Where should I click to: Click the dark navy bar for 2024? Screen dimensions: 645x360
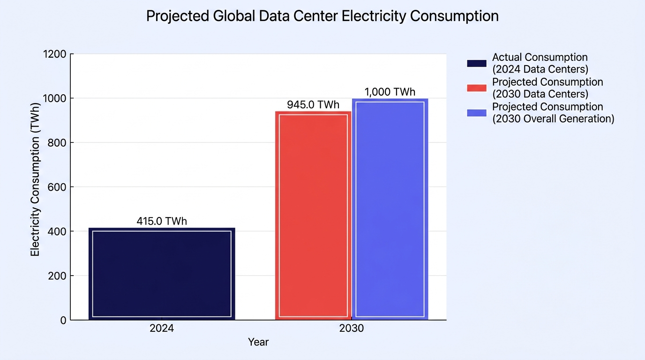point(162,274)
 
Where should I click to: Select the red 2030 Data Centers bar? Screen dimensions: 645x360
point(313,216)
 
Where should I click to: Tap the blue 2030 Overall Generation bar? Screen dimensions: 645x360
point(390,209)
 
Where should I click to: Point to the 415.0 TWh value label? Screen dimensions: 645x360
point(162,221)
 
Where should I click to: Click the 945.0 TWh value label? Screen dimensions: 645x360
point(313,105)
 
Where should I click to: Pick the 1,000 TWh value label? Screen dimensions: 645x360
point(390,92)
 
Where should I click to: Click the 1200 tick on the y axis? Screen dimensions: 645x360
point(55,54)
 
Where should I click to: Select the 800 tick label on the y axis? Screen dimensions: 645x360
point(57,142)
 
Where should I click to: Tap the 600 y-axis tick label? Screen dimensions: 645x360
point(57,187)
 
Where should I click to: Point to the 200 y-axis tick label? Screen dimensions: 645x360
point(57,276)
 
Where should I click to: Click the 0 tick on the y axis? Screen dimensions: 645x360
point(63,320)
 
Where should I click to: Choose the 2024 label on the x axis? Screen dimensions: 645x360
point(162,328)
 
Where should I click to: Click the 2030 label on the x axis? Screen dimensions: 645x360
point(352,328)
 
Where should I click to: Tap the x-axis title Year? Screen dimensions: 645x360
point(258,342)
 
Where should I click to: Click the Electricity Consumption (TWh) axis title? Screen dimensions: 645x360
point(35,180)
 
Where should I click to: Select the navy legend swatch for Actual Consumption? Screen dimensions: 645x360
point(477,63)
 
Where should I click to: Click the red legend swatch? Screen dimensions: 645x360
point(477,88)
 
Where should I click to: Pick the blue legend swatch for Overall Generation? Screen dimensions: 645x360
point(477,113)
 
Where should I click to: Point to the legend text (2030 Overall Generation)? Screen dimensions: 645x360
point(553,119)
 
